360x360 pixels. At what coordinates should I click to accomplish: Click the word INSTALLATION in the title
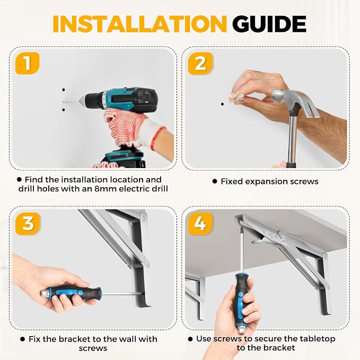(140, 24)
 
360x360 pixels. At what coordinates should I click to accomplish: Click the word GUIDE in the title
(269, 24)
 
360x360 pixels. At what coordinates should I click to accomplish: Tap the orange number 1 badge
(28, 63)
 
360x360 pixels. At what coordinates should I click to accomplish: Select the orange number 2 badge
(200, 64)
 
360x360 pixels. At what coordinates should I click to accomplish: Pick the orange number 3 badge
(28, 223)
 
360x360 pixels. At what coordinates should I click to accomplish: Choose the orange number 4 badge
(200, 223)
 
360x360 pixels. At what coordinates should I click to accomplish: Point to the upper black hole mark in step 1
(64, 90)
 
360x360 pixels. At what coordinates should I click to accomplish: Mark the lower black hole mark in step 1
(64, 110)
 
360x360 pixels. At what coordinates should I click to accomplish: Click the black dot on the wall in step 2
(222, 104)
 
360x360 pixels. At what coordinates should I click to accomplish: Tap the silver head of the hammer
(294, 101)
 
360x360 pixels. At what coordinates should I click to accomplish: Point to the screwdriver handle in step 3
(72, 292)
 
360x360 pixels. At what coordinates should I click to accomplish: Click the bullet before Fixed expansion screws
(215, 181)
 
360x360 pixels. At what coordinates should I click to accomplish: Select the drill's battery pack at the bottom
(124, 159)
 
